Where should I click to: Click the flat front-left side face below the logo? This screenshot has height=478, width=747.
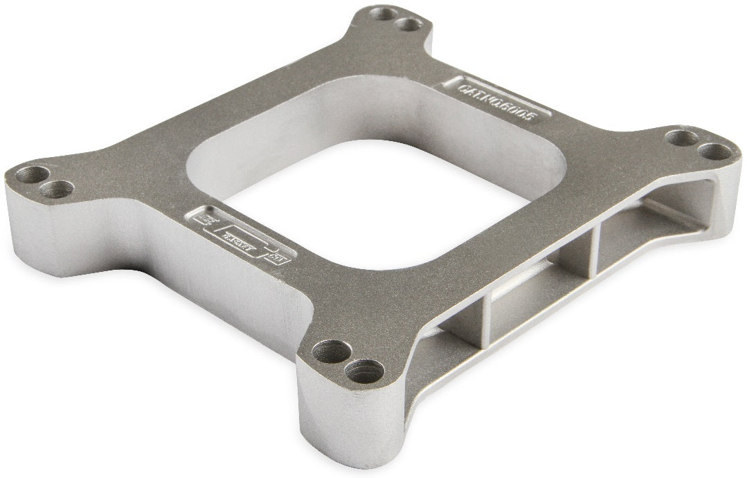173,277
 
